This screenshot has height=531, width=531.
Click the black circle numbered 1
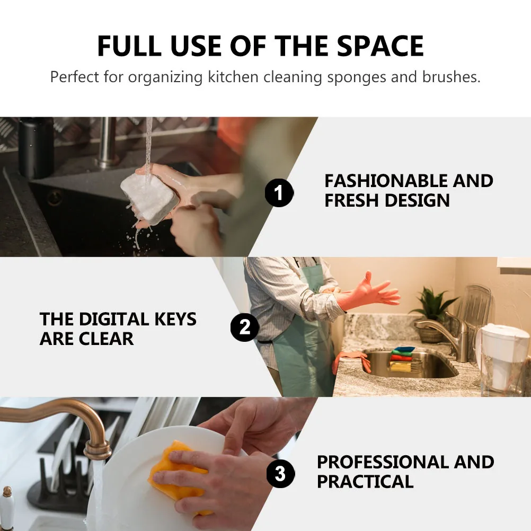pos(279,193)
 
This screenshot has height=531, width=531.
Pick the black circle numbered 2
pos(244,327)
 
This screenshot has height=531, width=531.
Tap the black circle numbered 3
pos(280,473)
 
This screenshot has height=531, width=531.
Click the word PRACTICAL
pos(365,482)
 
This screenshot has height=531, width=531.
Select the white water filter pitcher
pos(503,358)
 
